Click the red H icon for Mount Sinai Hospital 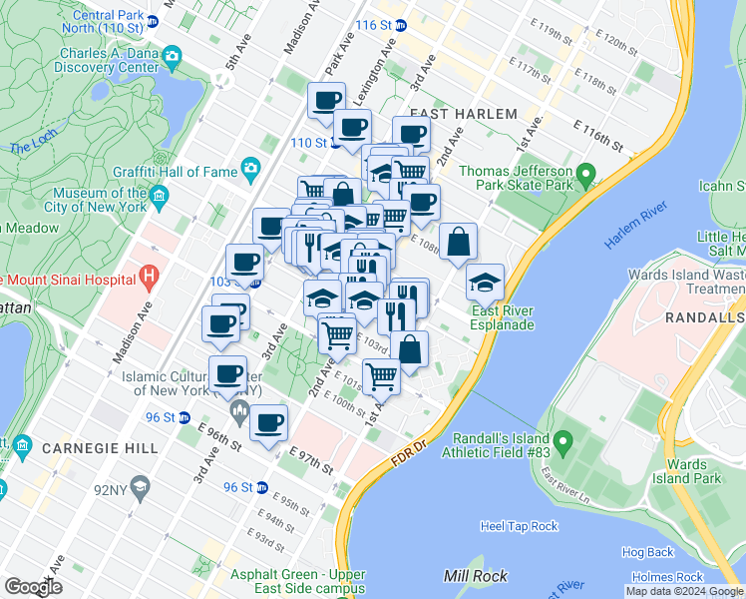(x=149, y=273)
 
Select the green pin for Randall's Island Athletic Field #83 (x=562, y=439)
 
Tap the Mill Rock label (x=476, y=576)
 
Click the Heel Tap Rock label (x=519, y=526)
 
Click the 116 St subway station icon (x=402, y=24)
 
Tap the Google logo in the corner (x=34, y=587)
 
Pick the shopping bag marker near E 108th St (x=458, y=242)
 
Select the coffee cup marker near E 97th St (x=267, y=422)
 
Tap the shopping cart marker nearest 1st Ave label (x=381, y=376)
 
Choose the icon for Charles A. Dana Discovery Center (x=173, y=54)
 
